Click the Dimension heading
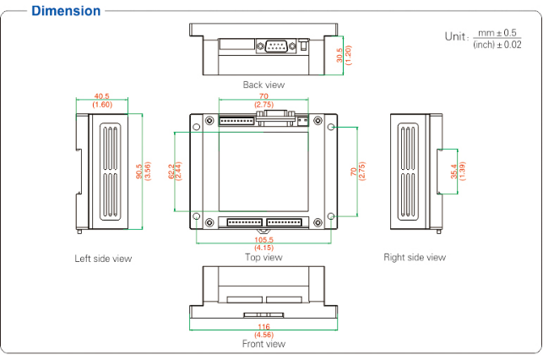65,11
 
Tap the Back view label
263,85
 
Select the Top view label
263,257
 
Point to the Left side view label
103,259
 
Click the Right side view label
415,257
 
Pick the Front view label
263,344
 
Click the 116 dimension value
263,326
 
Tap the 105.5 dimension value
263,239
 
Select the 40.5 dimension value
102,96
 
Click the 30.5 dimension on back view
339,55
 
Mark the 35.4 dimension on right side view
453,172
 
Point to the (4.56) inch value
263,335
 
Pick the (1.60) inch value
102,105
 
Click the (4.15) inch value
263,248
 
